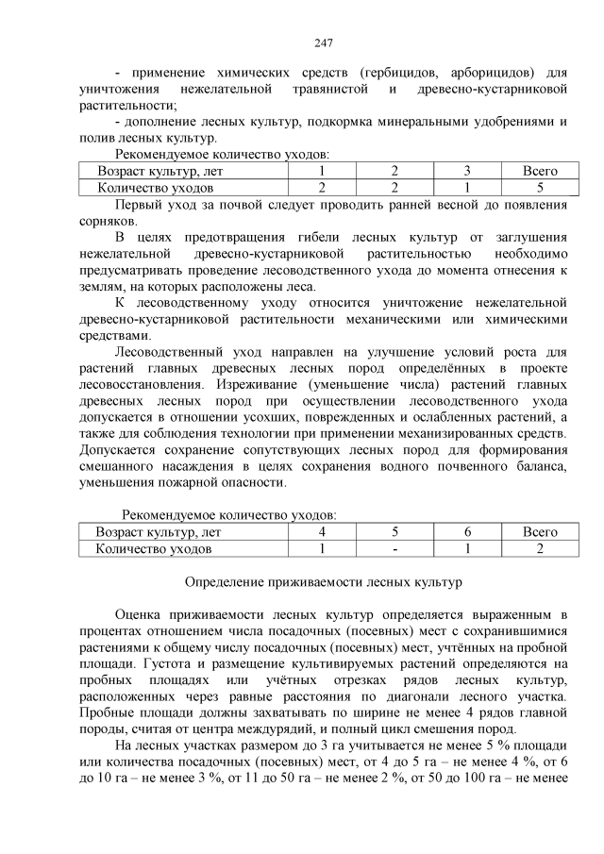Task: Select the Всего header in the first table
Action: click(540, 171)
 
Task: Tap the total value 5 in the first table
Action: click(540, 188)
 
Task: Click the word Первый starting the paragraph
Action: click(139, 205)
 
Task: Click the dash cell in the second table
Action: click(394, 548)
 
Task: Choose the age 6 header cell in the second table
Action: click(467, 532)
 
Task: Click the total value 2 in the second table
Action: click(540, 548)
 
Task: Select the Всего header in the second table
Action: click(540, 532)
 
